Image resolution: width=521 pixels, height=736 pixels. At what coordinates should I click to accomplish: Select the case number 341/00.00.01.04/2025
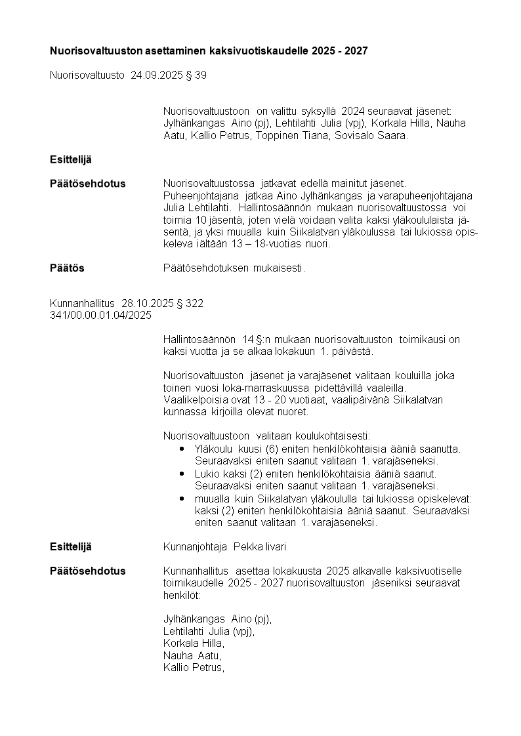coord(100,315)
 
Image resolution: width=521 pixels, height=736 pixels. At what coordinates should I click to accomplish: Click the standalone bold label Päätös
coord(67,268)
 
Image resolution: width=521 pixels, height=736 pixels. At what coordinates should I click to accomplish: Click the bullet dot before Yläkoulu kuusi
coord(182,449)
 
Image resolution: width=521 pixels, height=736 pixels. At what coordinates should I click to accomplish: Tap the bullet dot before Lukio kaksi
coord(182,474)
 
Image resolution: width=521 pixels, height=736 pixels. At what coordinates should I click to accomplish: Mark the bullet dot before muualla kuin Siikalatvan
coord(182,499)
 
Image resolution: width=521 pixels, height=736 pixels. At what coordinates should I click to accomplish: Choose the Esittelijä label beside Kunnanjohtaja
coord(71,546)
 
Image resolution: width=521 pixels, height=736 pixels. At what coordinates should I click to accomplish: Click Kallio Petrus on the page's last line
coord(194,668)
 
